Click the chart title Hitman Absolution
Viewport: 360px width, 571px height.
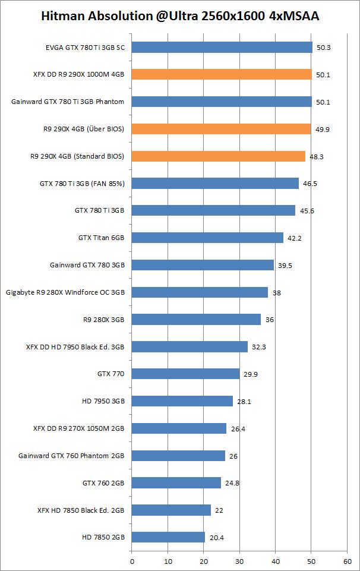pyautogui.click(x=180, y=17)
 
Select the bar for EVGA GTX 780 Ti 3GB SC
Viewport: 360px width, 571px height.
pyautogui.click(x=222, y=48)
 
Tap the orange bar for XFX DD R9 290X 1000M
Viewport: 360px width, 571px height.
pyautogui.click(x=222, y=74)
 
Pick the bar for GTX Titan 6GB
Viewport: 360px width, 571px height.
pyautogui.click(x=207, y=238)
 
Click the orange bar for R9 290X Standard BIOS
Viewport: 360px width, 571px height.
pyautogui.click(x=218, y=156)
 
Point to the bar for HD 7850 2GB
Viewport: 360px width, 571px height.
pyautogui.click(x=168, y=537)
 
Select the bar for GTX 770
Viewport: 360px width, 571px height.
pyautogui.click(x=185, y=374)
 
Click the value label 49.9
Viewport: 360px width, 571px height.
pyautogui.click(x=323, y=129)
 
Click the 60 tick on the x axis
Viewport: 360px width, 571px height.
pyautogui.click(x=348, y=560)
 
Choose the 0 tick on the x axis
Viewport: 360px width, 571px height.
pyautogui.click(x=132, y=560)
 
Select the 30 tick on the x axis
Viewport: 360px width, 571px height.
pyautogui.click(x=239, y=560)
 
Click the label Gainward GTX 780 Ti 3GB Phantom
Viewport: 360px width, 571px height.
pyautogui.click(x=68, y=102)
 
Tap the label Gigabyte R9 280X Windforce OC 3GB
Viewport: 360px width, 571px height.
pyautogui.click(x=65, y=292)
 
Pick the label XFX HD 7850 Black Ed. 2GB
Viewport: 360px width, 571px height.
pyautogui.click(x=81, y=510)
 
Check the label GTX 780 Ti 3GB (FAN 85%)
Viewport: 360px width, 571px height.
pyautogui.click(x=83, y=184)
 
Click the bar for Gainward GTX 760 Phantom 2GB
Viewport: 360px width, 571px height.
pyautogui.click(x=178, y=456)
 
